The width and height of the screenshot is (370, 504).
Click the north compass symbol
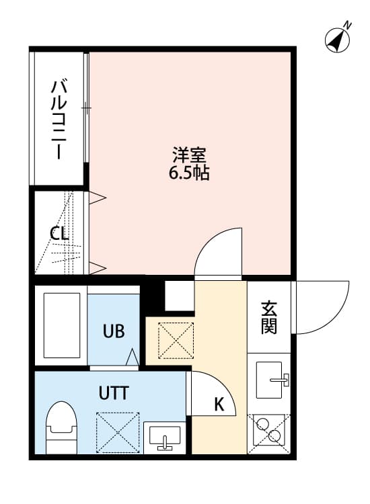pos(337,41)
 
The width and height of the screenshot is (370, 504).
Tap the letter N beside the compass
pos(348,25)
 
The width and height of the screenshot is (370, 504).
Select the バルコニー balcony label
pos(59,120)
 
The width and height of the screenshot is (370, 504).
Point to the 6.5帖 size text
pos(189,173)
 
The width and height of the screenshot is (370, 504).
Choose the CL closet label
pos(59,233)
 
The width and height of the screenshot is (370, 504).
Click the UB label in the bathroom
pos(114,331)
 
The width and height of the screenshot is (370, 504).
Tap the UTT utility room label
pos(114,393)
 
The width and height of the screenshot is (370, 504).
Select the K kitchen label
pos(219,405)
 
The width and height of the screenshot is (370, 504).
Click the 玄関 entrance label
pos(269,318)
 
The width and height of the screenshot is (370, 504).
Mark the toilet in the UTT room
pos(61,427)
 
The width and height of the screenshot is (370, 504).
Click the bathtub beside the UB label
pos(62,325)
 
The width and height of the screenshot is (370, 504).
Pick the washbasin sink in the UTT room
pos(165,437)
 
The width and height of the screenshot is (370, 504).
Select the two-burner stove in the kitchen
pos(269,430)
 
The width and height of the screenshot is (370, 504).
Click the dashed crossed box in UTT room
pos(118,433)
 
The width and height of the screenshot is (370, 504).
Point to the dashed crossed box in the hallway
pos(176,341)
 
